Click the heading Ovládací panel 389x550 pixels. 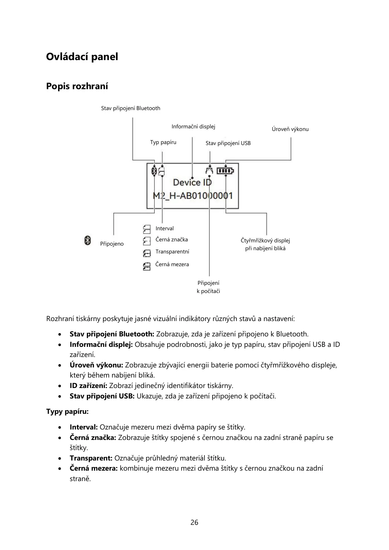[x=82, y=57]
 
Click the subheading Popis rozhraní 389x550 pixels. [x=77, y=86]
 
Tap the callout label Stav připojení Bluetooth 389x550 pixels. [x=131, y=108]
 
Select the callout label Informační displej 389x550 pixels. [x=193, y=126]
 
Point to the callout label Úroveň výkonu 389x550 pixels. [x=290, y=129]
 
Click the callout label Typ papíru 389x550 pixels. [x=163, y=142]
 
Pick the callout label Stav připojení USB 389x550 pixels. [x=228, y=143]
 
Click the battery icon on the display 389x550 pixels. [x=226, y=170]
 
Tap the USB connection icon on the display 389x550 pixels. [x=209, y=170]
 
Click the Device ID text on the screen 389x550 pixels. [x=192, y=182]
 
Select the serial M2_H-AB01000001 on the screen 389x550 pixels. [x=193, y=196]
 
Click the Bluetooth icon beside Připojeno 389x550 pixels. [x=88, y=240]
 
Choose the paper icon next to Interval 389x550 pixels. [x=147, y=229]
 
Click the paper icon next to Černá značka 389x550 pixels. [x=147, y=241]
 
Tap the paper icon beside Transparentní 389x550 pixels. [x=147, y=253]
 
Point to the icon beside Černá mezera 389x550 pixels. [x=147, y=266]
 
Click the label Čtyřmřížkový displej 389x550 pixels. [x=265, y=241]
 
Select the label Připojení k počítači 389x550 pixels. [x=208, y=287]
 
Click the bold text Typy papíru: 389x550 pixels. [x=67, y=412]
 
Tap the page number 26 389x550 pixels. [x=194, y=523]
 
